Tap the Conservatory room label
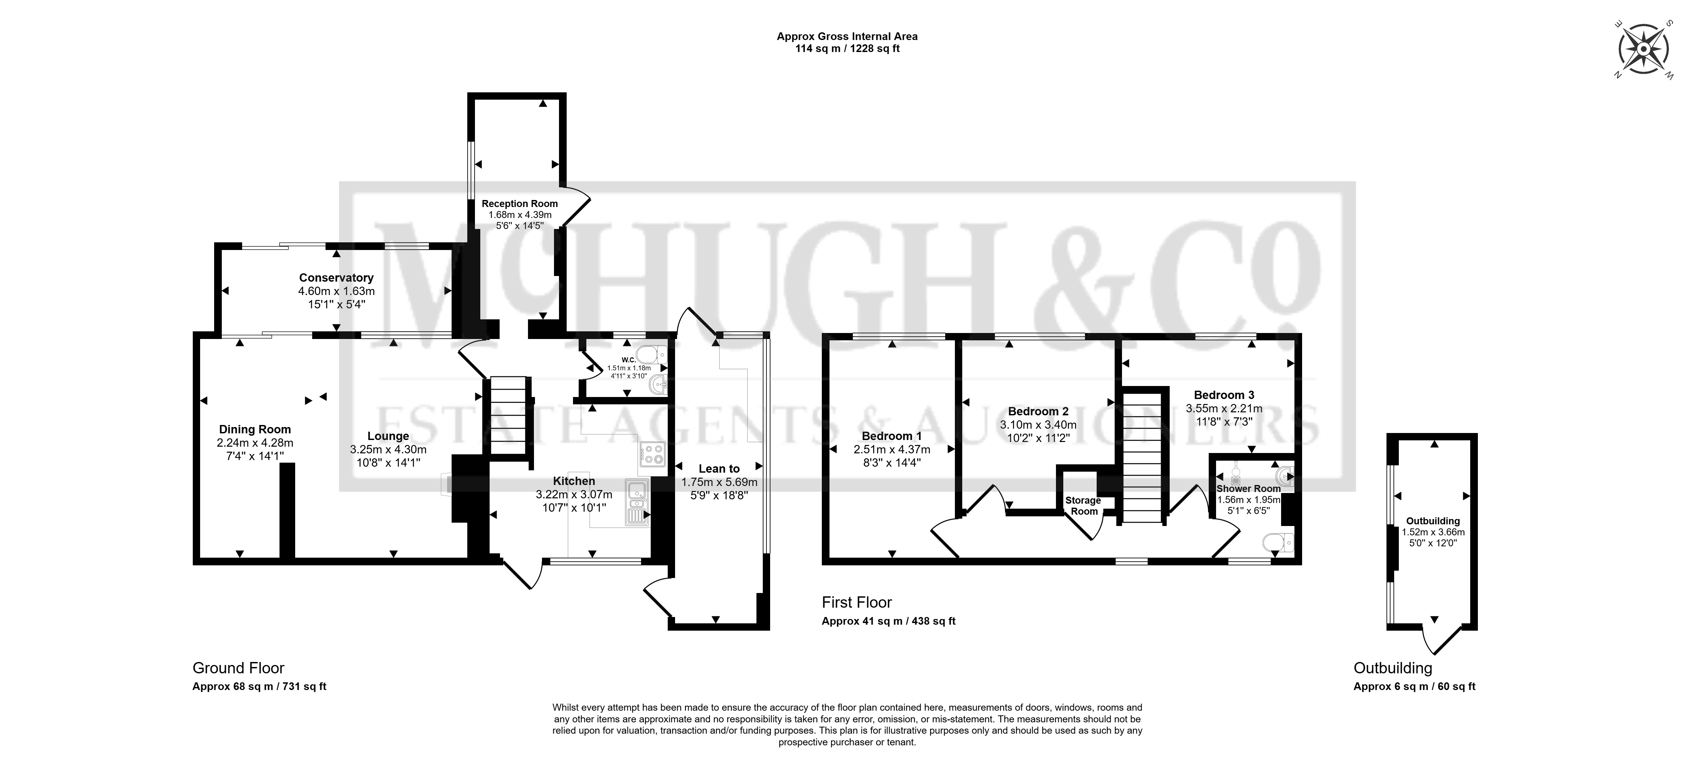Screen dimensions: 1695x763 pyautogui.click(x=336, y=278)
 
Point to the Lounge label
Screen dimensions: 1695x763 pyautogui.click(x=388, y=436)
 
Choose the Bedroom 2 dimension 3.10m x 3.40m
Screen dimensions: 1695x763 pyautogui.click(x=1038, y=425)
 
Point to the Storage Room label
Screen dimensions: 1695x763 pyautogui.click(x=1083, y=506)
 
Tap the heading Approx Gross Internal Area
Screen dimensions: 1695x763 pyautogui.click(x=847, y=36)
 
